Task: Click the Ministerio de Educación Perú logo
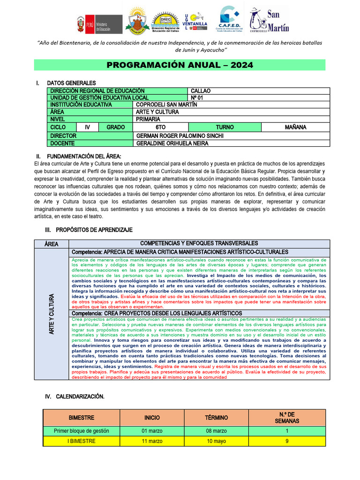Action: [x=99, y=24]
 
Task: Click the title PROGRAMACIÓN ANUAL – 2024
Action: [x=180, y=65]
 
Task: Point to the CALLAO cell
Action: [x=201, y=91]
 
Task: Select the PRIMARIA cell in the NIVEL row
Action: [x=148, y=119]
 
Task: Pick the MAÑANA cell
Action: [x=295, y=127]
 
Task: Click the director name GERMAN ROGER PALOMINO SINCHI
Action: [x=180, y=136]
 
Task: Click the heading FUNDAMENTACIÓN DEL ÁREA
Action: [x=84, y=156]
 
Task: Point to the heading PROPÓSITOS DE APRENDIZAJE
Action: [x=94, y=230]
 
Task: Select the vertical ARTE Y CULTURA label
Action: [x=52, y=313]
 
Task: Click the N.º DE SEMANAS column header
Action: [x=287, y=417]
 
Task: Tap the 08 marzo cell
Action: [x=216, y=431]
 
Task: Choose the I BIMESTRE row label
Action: [x=82, y=441]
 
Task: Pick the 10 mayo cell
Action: [x=216, y=441]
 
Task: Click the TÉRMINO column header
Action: [x=216, y=417]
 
